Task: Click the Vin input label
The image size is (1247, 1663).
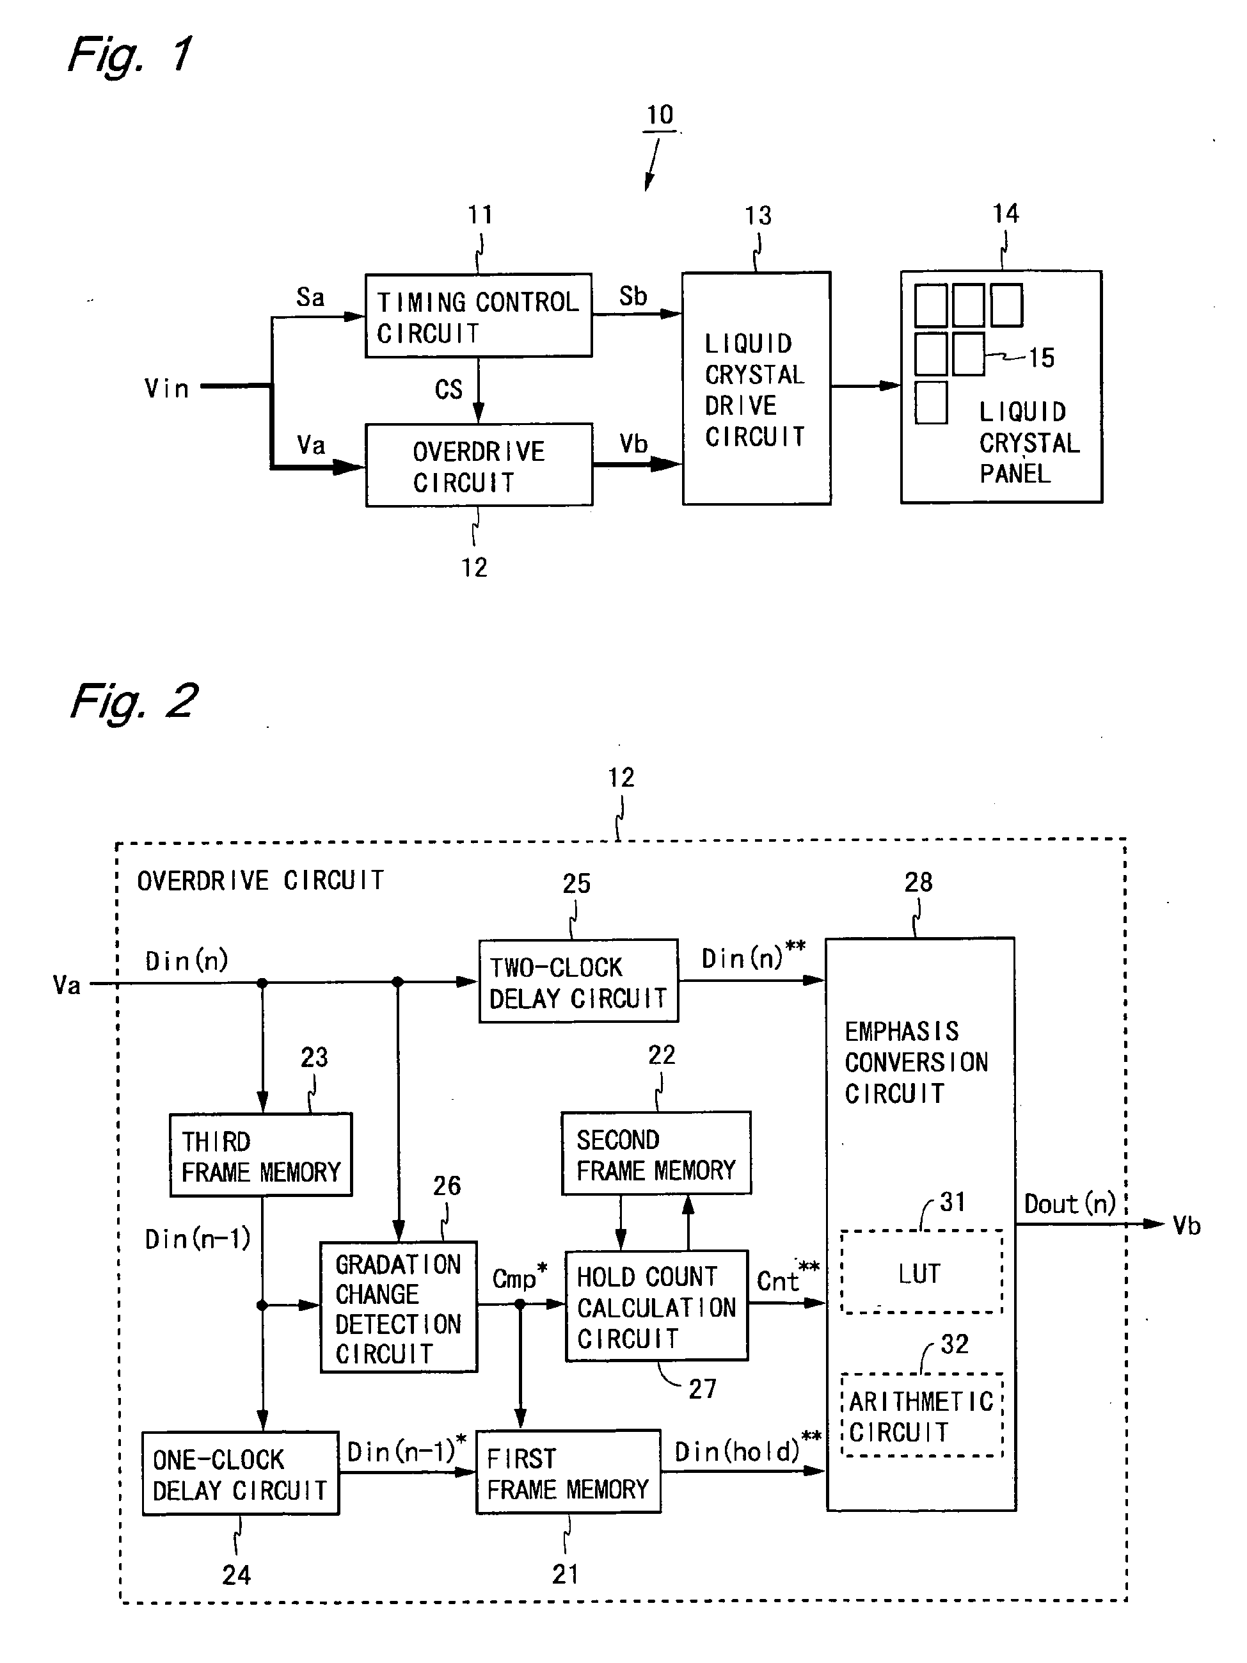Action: pos(166,388)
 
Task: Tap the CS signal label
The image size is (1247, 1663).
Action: pos(449,389)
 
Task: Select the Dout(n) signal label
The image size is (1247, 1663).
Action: pos(1070,1203)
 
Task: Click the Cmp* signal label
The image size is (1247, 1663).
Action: pos(520,1276)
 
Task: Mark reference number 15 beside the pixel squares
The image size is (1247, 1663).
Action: pos(1041,358)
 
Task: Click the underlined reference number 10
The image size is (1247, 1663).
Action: pos(660,115)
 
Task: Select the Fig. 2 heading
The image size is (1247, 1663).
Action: pos(133,701)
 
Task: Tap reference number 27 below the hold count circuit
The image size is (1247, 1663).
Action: pos(702,1388)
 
